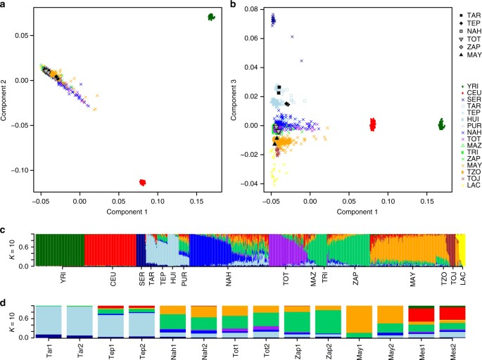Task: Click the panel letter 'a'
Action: click(x=4, y=5)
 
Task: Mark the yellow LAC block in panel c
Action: click(x=462, y=250)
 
